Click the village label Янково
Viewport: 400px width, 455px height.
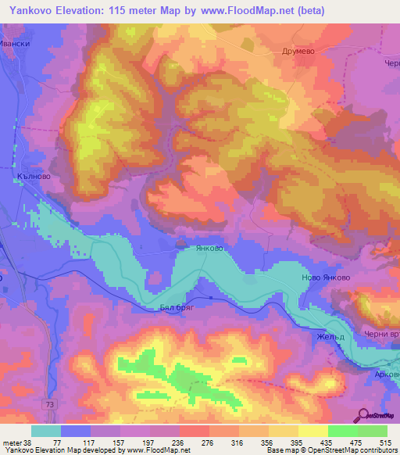209,248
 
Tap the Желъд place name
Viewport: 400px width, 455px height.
330,337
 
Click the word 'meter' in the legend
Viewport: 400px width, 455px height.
12,442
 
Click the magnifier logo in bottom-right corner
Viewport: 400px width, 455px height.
364,414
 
